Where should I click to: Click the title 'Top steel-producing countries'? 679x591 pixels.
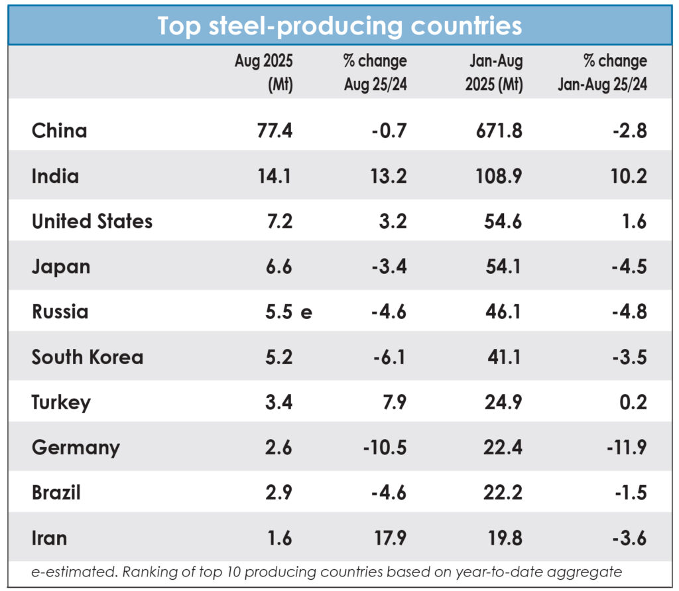tap(339, 26)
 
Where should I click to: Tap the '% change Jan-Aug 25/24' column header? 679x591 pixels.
tap(602, 72)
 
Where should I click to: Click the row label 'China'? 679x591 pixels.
tap(59, 130)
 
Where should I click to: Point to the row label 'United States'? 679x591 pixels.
tap(92, 221)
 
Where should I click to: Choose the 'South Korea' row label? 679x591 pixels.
tap(88, 357)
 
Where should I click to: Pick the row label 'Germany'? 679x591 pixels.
tap(76, 447)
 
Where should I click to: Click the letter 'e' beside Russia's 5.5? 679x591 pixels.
tap(306, 312)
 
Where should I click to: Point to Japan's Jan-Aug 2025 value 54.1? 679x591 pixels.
tap(502, 267)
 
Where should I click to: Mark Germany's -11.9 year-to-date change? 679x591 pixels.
tap(626, 447)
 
